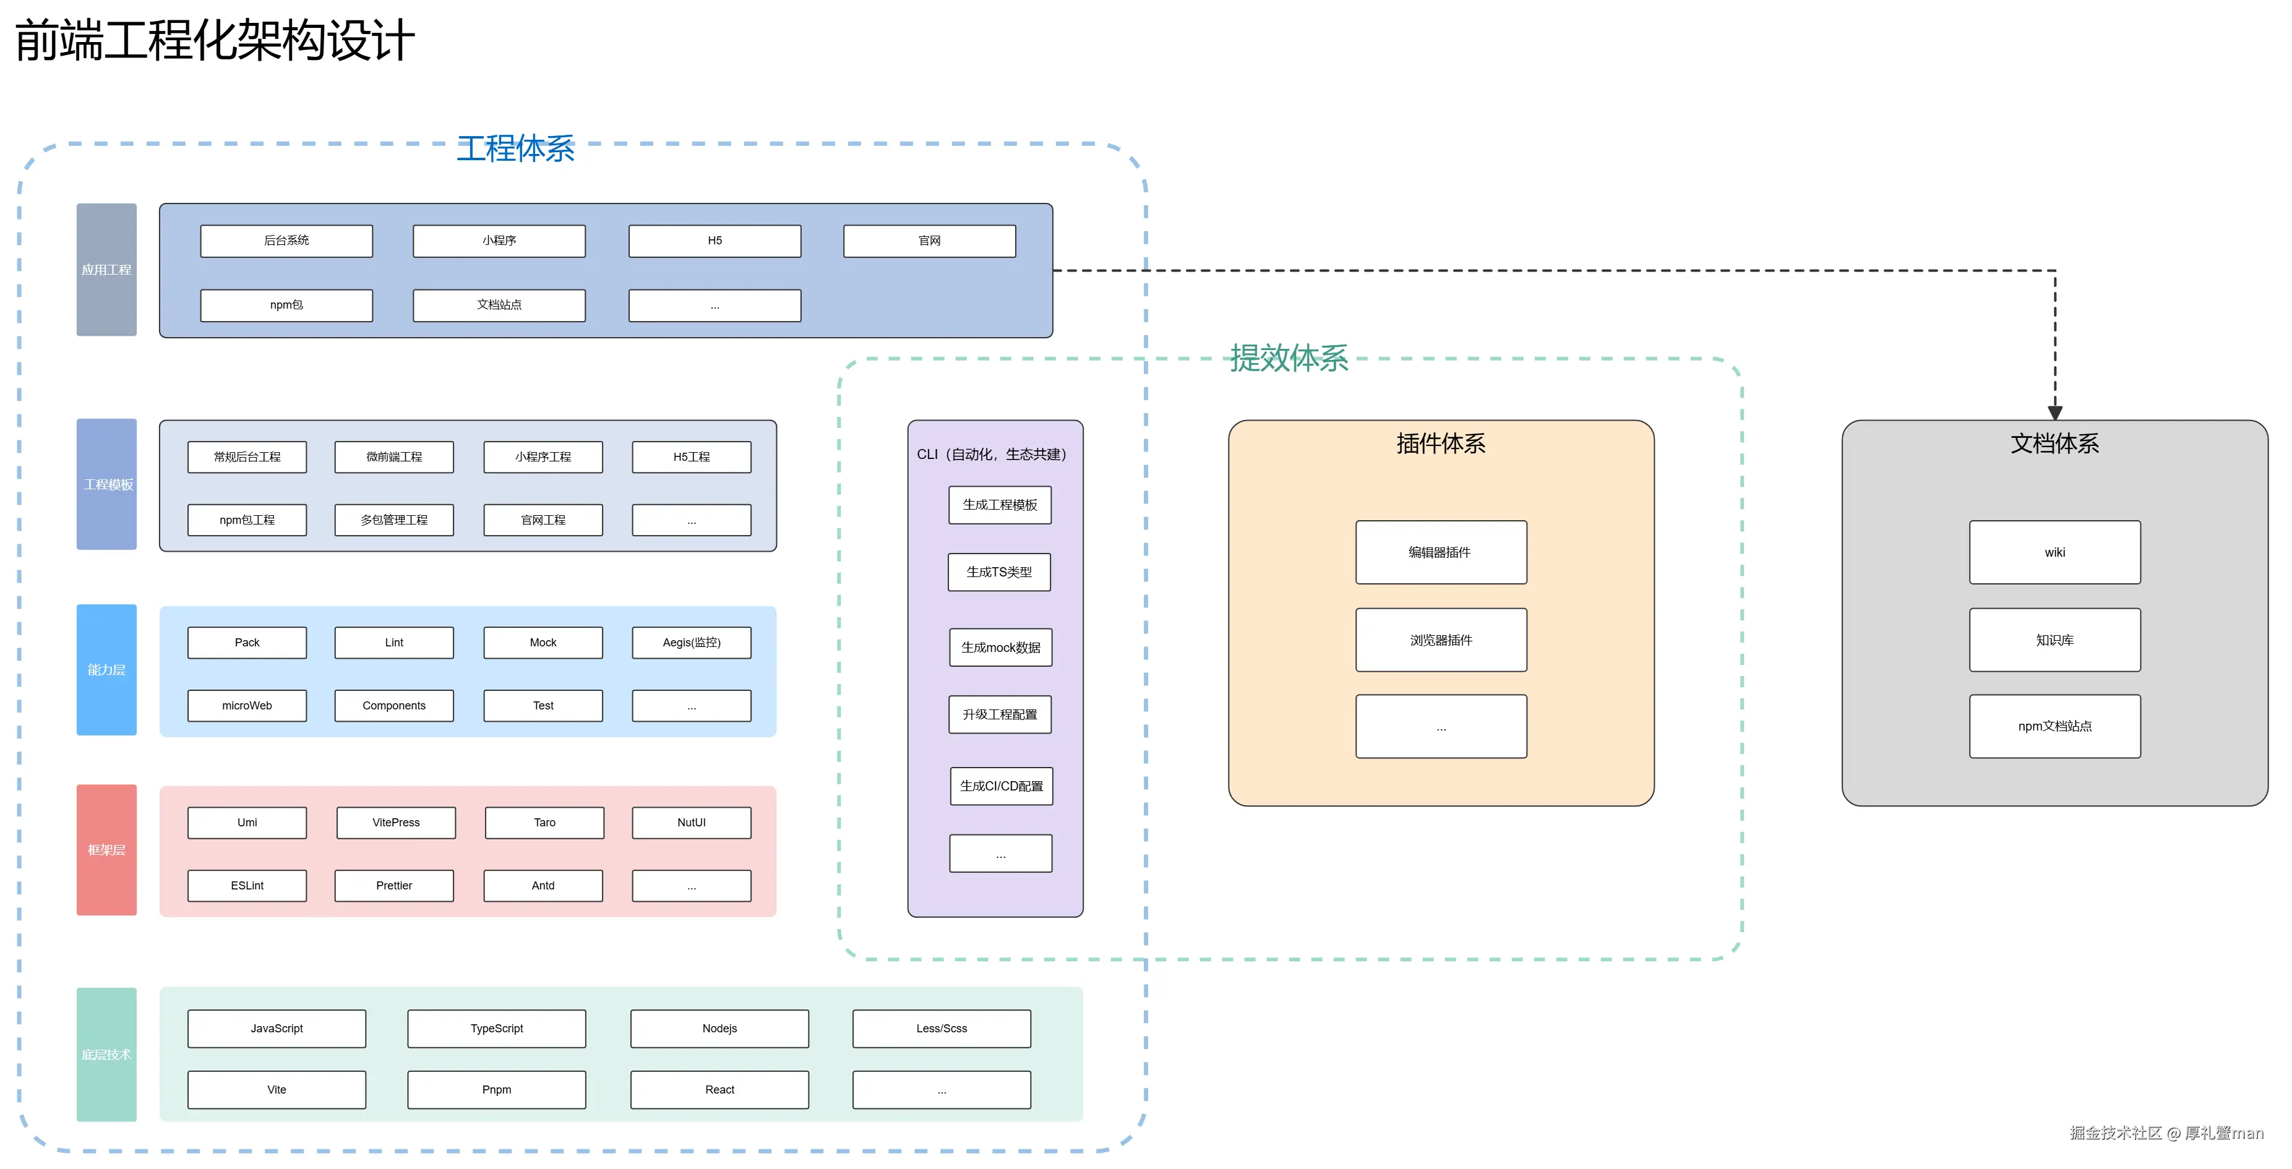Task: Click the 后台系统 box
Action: [286, 240]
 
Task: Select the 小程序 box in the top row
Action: [499, 240]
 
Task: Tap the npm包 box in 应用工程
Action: [286, 305]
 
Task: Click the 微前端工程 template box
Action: [394, 456]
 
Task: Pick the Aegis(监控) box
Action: [692, 642]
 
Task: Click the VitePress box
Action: [396, 822]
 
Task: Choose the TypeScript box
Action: [497, 1029]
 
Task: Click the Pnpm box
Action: [497, 1090]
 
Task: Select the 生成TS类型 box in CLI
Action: [999, 572]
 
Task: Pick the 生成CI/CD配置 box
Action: [1001, 787]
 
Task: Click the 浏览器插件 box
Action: [1441, 640]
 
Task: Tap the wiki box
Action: [2054, 552]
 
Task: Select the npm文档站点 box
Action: [2054, 726]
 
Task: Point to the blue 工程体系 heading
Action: [515, 148]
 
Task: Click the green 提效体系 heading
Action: [1289, 359]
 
